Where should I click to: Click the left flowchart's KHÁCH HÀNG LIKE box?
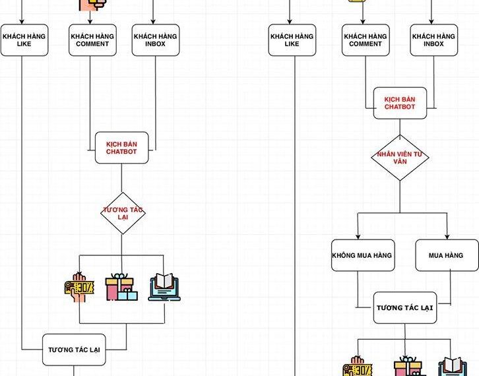coord(24,40)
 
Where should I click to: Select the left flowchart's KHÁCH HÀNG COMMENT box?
coord(92,40)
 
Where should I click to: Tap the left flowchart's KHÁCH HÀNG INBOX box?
coord(156,40)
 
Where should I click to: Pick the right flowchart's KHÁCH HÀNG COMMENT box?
coord(366,40)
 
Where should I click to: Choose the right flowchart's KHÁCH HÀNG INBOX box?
coord(433,40)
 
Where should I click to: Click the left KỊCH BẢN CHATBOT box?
coord(121,148)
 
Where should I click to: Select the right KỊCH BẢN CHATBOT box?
coord(399,103)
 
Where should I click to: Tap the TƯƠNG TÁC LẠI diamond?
coord(123,213)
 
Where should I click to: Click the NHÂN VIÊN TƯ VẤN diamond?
coord(399,158)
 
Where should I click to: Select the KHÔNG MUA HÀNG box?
coord(362,255)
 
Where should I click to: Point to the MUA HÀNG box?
coord(446,255)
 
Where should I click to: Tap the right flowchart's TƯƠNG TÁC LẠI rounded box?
coord(404,308)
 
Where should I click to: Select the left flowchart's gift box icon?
coord(121,286)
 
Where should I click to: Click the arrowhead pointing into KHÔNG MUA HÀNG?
coord(358,237)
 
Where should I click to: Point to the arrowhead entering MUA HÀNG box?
coord(447,237)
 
